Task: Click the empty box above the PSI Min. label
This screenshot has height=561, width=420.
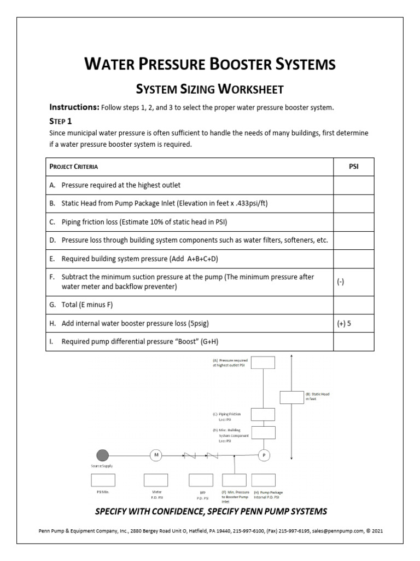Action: pyautogui.click(x=103, y=480)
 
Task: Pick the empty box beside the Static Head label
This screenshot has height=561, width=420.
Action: pyautogui.click(x=291, y=397)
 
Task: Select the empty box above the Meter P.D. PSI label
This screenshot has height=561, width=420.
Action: pyautogui.click(x=156, y=480)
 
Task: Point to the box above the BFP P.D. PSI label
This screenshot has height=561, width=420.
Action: pyautogui.click(x=201, y=480)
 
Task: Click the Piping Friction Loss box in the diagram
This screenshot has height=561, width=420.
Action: pyautogui.click(x=266, y=414)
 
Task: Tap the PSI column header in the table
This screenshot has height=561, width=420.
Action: pyautogui.click(x=354, y=166)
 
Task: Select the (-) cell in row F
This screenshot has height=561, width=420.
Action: pyautogui.click(x=354, y=281)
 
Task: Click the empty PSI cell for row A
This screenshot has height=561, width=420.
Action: pyautogui.click(x=354, y=185)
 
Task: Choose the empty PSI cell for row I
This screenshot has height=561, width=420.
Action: pyautogui.click(x=354, y=342)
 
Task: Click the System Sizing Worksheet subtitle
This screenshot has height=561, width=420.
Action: pyautogui.click(x=209, y=88)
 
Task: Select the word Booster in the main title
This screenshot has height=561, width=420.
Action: pyautogui.click(x=244, y=64)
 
